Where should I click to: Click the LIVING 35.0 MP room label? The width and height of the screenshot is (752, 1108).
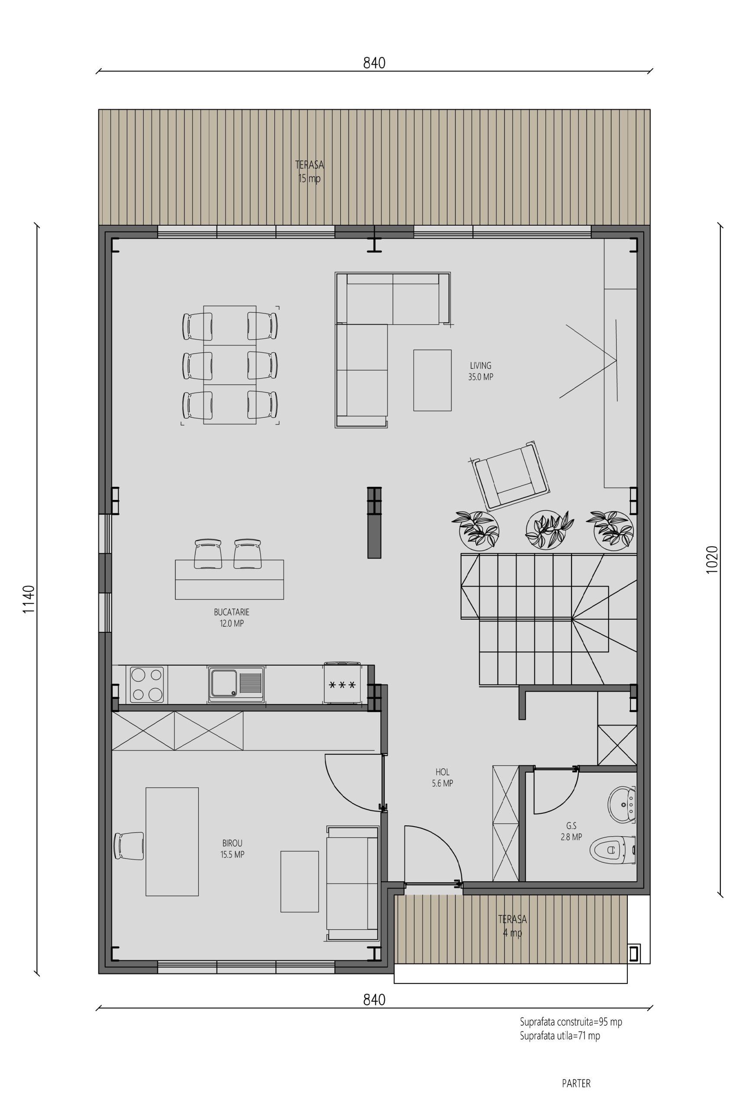(x=481, y=371)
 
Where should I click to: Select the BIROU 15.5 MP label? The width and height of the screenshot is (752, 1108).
(x=232, y=849)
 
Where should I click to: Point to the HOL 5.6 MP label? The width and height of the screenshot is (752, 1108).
(x=442, y=777)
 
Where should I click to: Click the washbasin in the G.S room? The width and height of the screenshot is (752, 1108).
(x=622, y=804)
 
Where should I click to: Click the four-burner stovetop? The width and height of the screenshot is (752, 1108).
(x=147, y=684)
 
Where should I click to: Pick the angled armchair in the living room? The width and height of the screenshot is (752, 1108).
(x=509, y=475)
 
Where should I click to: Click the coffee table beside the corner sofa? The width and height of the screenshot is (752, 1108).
(x=432, y=380)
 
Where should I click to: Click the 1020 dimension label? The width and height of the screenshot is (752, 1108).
(x=711, y=559)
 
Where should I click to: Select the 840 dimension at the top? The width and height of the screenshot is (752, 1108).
(x=374, y=63)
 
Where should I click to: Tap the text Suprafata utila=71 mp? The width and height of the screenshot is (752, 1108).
(x=560, y=1036)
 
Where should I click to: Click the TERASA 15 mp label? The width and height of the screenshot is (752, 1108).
(x=310, y=172)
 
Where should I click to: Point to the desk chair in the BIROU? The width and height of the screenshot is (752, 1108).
(x=129, y=846)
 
